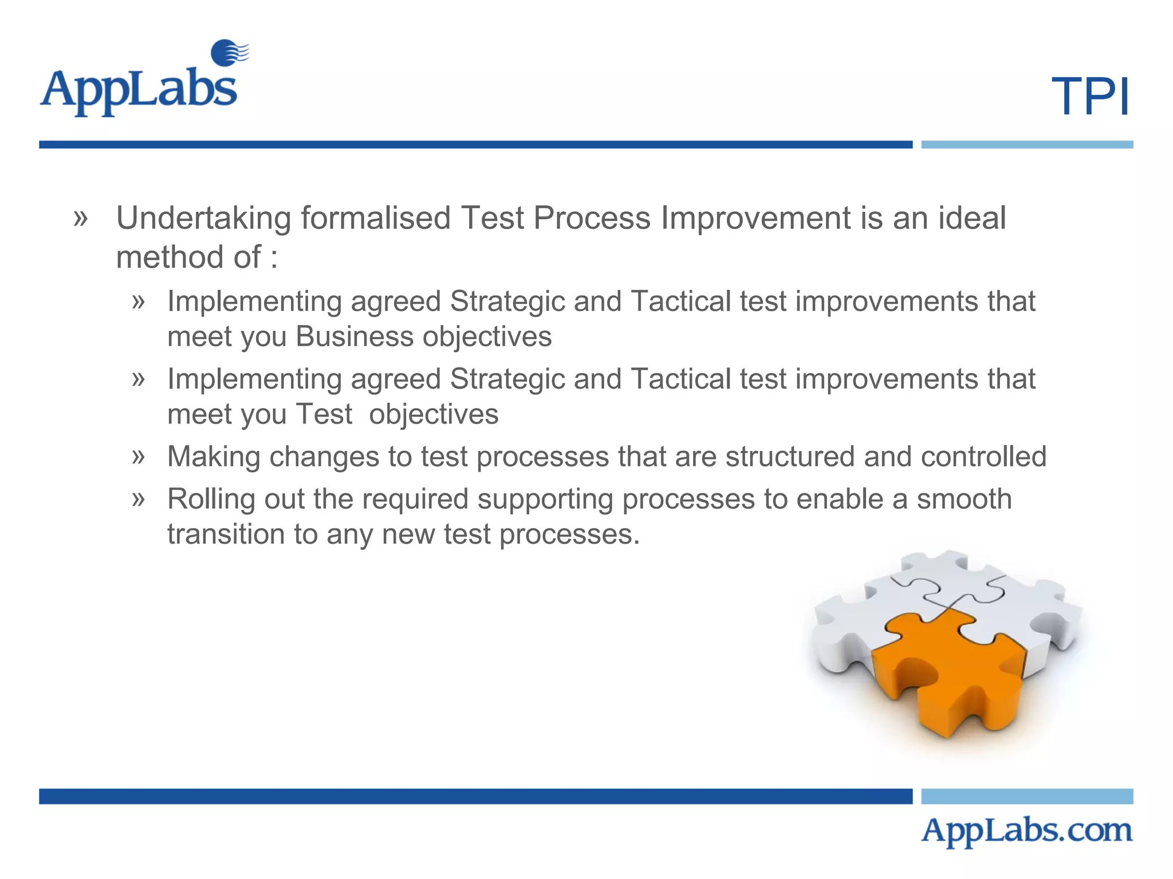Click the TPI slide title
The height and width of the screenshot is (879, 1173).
(1090, 97)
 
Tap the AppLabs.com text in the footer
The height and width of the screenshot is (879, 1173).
(1026, 830)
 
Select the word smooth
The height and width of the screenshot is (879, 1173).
(964, 499)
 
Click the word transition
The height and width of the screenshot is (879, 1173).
(226, 534)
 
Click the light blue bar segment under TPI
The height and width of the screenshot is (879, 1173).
(1026, 145)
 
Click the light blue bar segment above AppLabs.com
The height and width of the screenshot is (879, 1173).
(1026, 796)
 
